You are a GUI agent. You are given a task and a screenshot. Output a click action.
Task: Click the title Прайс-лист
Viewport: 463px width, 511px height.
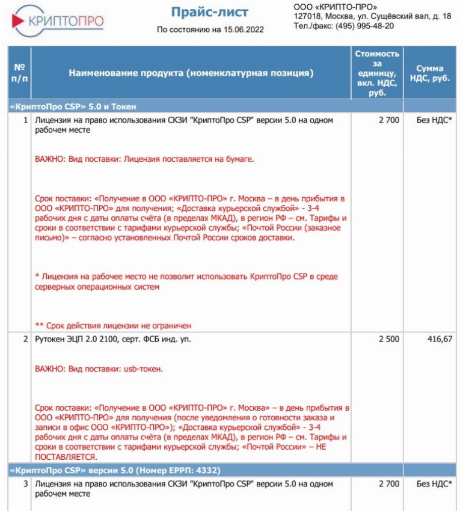tap(209, 12)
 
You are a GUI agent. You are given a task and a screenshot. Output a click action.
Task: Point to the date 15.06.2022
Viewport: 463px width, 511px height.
tap(242, 29)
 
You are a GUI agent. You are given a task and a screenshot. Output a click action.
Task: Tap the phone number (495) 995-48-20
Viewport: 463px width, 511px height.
tap(364, 26)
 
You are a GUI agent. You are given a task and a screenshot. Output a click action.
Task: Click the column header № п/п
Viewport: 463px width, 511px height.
tap(19, 73)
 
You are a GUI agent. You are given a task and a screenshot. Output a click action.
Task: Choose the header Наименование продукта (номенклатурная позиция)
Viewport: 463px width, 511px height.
tap(191, 73)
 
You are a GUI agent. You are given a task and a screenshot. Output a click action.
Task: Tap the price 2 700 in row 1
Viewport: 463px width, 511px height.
tap(388, 120)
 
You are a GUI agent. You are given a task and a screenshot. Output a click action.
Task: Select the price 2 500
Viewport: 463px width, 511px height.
tap(388, 339)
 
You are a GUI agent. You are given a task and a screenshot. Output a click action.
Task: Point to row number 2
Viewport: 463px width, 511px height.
tap(26, 339)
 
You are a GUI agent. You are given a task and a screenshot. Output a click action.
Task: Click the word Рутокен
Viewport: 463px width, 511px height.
tap(51, 339)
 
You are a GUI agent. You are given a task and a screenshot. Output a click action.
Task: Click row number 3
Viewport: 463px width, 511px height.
tap(26, 484)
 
